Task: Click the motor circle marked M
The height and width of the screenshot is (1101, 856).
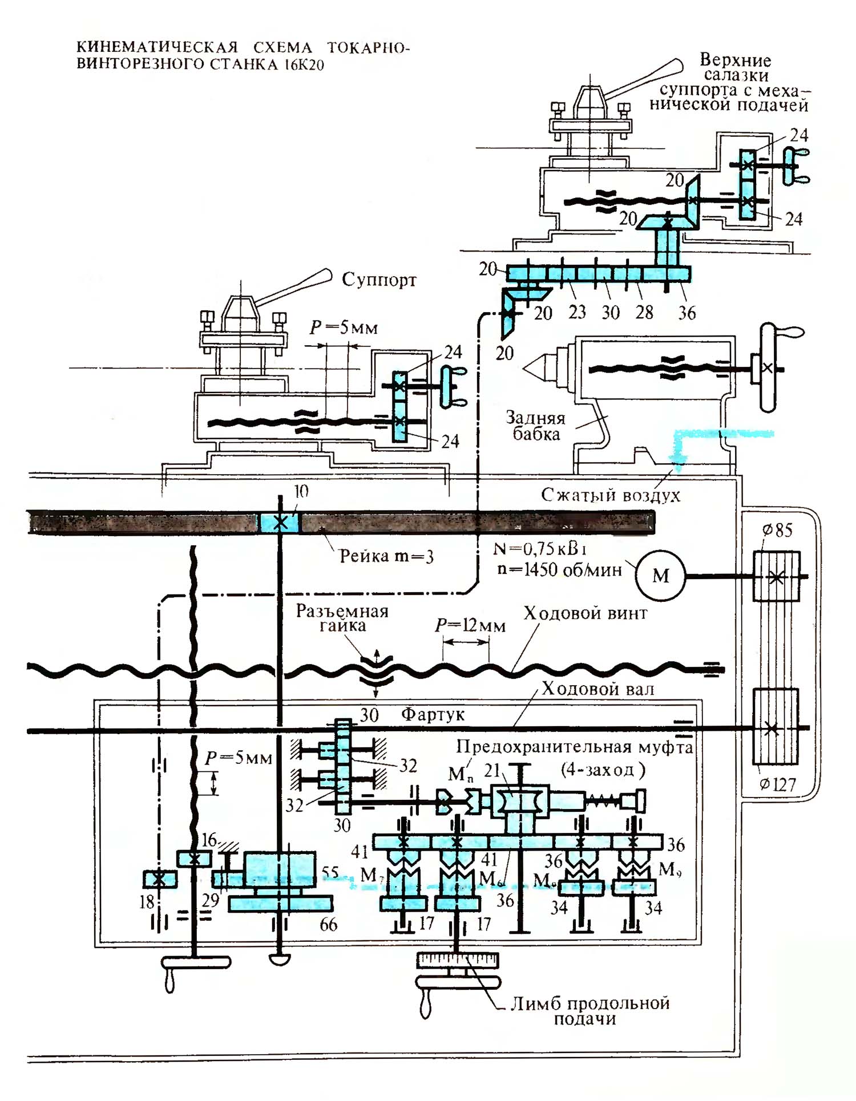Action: coord(660,575)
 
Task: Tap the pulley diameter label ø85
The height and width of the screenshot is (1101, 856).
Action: coord(777,531)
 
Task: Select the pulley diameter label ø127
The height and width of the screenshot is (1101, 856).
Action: coord(777,784)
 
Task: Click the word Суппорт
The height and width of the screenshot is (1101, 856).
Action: coord(379,280)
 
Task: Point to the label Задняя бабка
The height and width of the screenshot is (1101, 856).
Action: coord(535,426)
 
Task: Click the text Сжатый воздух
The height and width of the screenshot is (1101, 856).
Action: coord(611,495)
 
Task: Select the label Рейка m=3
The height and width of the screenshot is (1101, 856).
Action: coord(386,556)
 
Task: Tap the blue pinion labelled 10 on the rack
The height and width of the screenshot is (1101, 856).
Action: coord(280,523)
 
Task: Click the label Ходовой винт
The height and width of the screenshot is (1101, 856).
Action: coord(586,613)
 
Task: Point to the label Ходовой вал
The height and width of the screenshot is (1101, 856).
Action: coord(597,689)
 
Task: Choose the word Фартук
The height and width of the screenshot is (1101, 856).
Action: coord(433,714)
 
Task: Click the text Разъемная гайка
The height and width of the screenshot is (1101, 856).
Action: coord(342,618)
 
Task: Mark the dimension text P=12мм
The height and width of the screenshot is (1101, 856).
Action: coord(470,626)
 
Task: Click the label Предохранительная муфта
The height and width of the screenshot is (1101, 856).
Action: coord(574,747)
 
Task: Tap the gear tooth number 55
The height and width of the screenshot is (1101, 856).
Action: coord(330,872)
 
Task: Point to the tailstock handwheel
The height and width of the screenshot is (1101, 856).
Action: coord(768,367)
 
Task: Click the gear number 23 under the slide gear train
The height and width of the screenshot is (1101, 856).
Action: coord(577,313)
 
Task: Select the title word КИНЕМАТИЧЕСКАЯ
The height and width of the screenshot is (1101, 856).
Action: coord(157,47)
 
